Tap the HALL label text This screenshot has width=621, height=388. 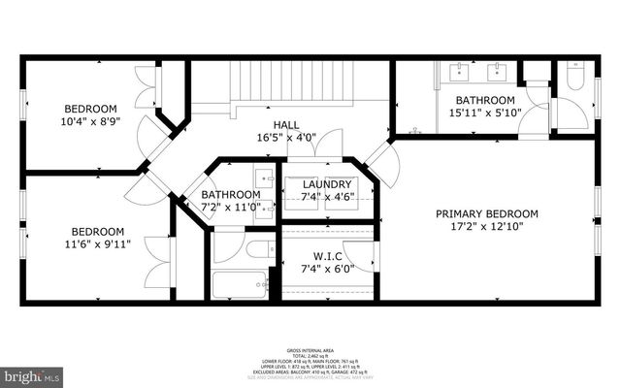click(286, 124)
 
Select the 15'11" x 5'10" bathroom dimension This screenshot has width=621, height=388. click(485, 113)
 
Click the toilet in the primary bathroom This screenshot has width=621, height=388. click(574, 77)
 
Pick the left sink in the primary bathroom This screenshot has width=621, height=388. click(458, 70)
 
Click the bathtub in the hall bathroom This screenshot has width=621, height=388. click(239, 283)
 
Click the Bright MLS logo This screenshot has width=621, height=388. click(32, 373)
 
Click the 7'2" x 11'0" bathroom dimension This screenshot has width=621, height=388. click(230, 207)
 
